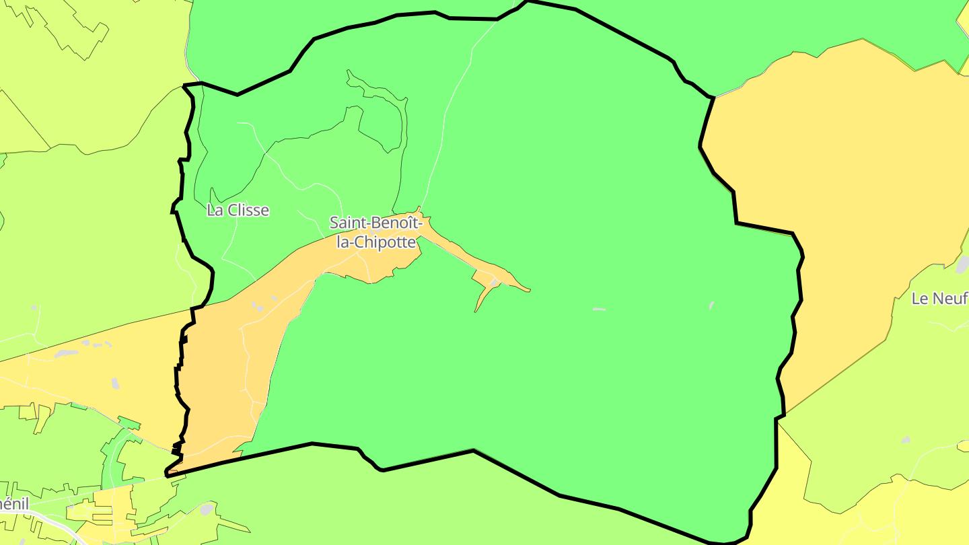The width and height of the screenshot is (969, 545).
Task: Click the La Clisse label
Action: tap(238, 211)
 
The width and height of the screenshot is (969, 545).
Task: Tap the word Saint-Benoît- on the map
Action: tap(375, 223)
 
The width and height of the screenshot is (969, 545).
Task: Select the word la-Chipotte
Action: tap(376, 242)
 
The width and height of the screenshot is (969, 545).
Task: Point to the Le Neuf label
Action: tap(939, 298)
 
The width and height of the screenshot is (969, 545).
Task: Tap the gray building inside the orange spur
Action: tap(495, 282)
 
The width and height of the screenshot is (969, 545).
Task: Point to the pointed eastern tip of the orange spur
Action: tap(529, 291)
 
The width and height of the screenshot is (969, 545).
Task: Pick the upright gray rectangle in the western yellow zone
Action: tap(115, 384)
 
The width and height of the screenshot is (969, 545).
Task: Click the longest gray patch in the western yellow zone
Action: tap(66, 353)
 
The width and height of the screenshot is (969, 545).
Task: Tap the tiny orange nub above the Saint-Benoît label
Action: tap(419, 209)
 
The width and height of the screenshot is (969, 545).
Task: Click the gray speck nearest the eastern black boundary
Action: tap(711, 305)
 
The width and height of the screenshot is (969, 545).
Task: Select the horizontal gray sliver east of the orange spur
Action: tap(599, 310)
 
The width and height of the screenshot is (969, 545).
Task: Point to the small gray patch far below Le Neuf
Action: tap(906, 440)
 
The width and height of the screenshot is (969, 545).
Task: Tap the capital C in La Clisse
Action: tap(232, 211)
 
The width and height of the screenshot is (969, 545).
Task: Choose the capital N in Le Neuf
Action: tap(941, 298)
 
